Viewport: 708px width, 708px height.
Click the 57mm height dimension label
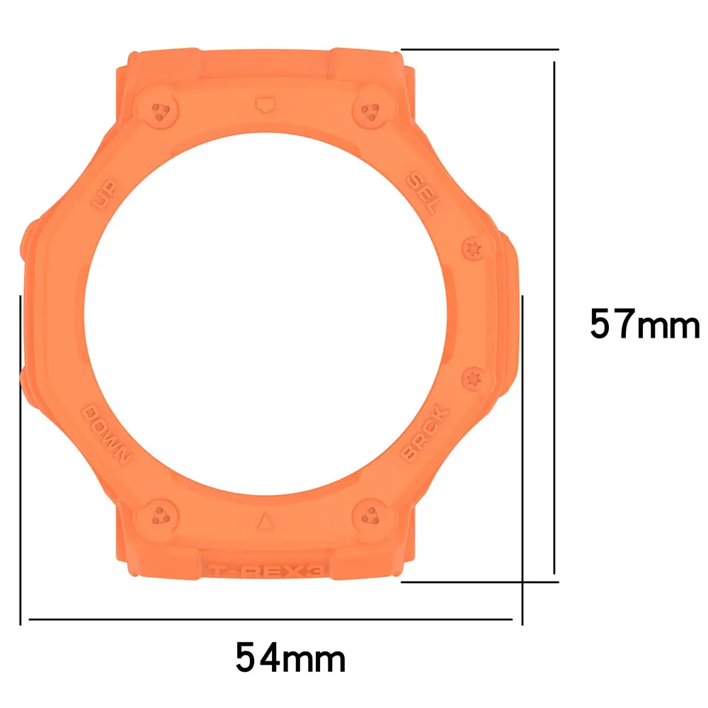pos(644,325)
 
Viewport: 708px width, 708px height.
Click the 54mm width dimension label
pos(290,657)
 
